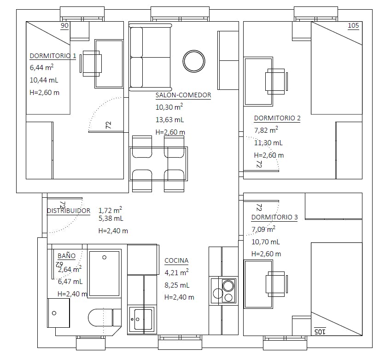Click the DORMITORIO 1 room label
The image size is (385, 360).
coord(53,56)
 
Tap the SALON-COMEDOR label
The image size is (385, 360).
coord(183,95)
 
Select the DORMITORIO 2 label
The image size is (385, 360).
coord(277,118)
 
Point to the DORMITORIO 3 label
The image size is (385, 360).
coord(274,217)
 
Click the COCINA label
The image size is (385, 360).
coord(176,260)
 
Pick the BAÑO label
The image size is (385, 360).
coord(66,255)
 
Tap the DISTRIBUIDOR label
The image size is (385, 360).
coord(69,211)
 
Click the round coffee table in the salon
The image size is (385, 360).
coord(194,61)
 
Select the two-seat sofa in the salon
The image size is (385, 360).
coord(150,57)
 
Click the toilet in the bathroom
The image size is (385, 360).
coord(105,318)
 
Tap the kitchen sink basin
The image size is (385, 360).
coord(142,319)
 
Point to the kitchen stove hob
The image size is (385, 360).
coord(223,291)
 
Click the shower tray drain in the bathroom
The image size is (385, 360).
coord(105,258)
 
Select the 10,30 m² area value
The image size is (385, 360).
coord(169,107)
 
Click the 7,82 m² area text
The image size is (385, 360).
coord(266,130)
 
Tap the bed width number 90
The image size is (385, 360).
coord(64,25)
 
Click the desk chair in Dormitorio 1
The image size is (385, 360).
coord(91,64)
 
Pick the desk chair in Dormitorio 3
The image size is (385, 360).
coord(276,284)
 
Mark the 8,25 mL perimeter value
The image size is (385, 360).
coord(177,285)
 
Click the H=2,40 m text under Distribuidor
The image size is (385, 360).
coord(113,231)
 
